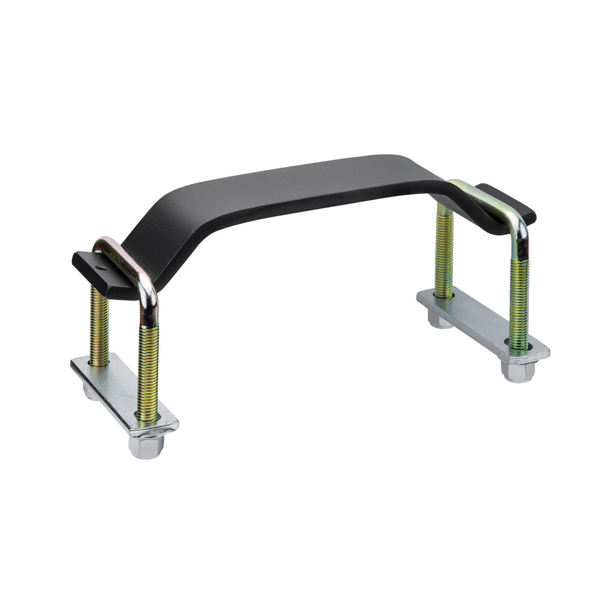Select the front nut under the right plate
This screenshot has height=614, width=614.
[517, 372]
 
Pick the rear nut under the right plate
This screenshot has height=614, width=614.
[441, 320]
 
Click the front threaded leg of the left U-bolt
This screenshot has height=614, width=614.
[148, 372]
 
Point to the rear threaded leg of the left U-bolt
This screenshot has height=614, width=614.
[99, 327]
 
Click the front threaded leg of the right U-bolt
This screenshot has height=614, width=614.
[519, 303]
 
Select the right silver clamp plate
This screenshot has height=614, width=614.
[480, 324]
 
